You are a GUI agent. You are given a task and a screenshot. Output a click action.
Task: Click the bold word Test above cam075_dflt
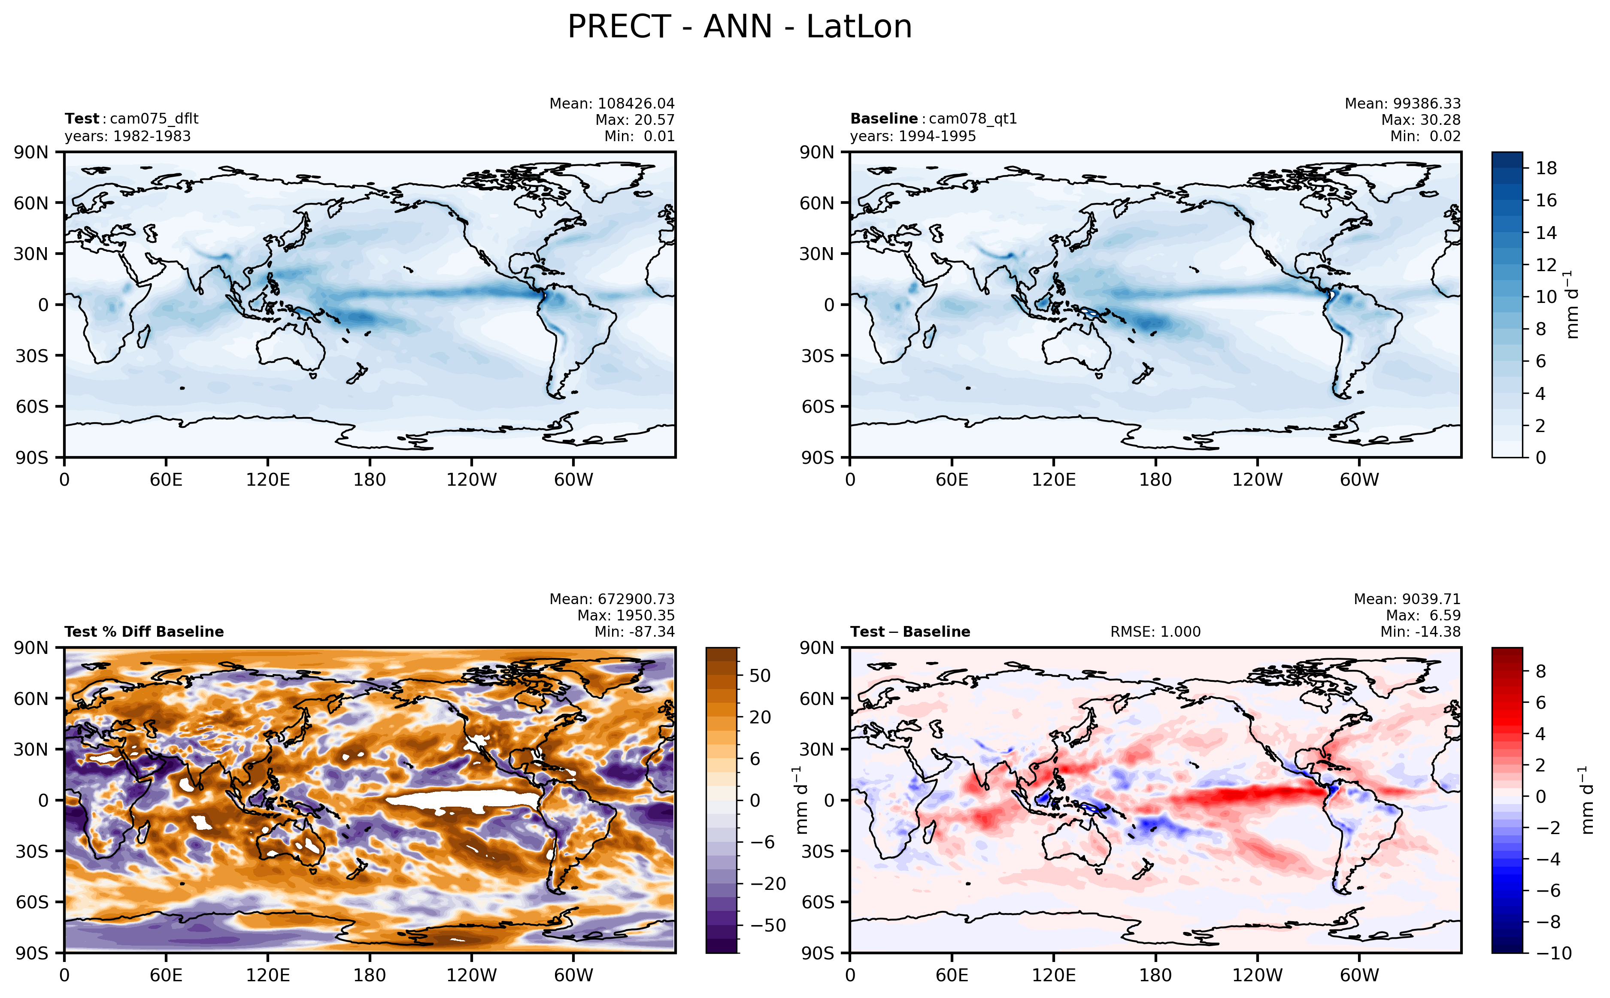click(x=81, y=119)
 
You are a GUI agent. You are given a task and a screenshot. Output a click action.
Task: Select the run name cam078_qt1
click(x=972, y=119)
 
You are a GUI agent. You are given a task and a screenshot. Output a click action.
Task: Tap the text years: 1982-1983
click(x=127, y=136)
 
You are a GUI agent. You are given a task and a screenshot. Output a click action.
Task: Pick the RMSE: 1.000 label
click(x=1155, y=632)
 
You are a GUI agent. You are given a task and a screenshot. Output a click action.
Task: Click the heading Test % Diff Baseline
click(x=144, y=632)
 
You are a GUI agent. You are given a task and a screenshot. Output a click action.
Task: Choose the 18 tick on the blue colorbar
click(x=1546, y=168)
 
